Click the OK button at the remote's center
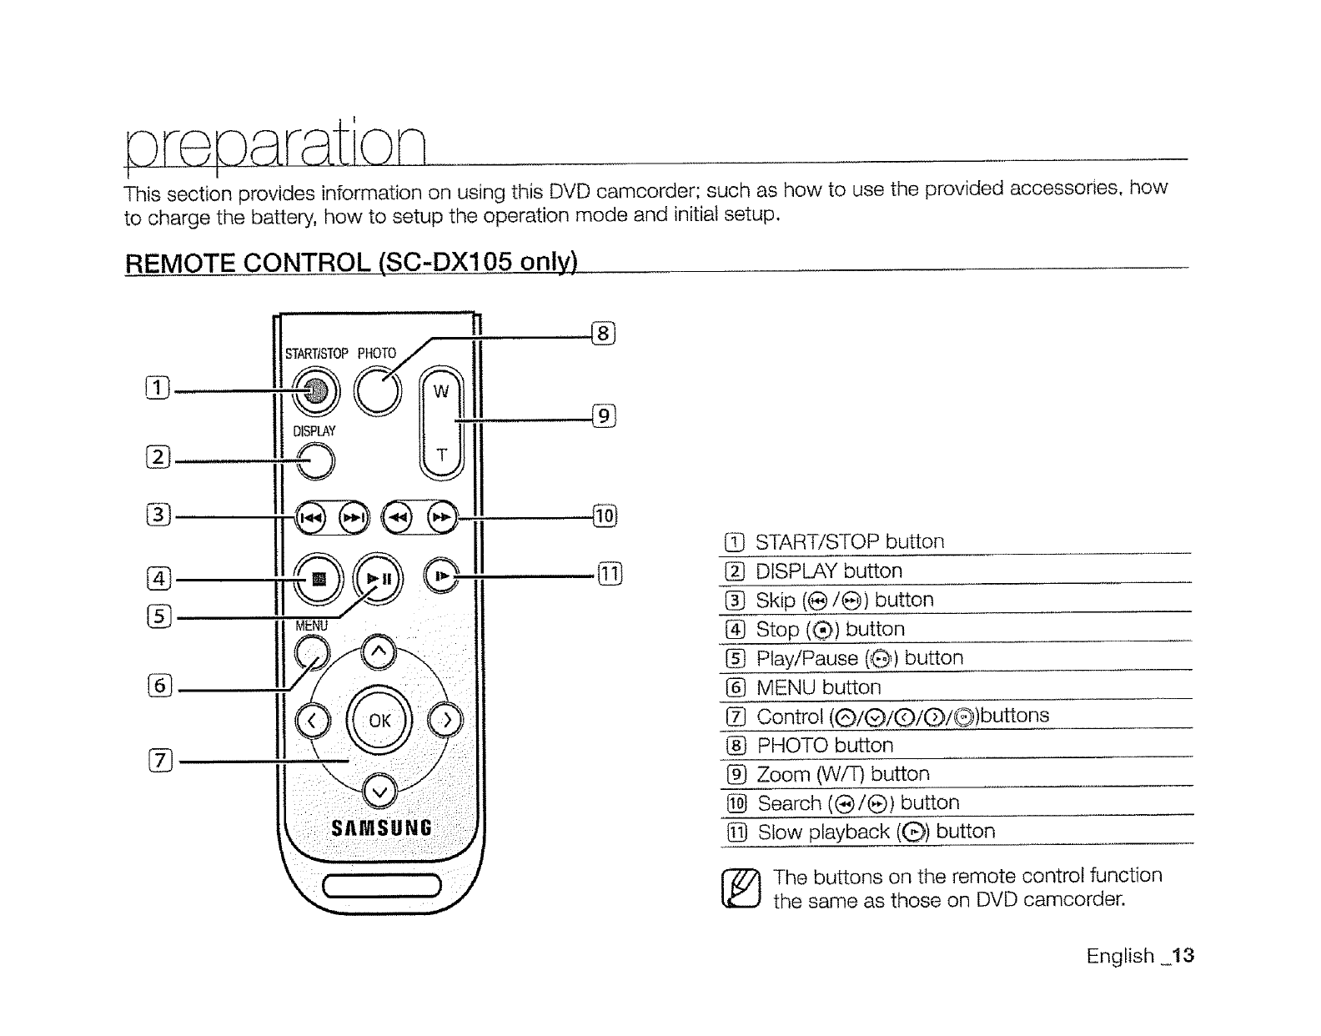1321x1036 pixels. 379,720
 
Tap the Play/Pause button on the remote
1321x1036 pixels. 378,577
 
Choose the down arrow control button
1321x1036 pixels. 379,791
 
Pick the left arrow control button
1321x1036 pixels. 312,721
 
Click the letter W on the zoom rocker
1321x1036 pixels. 441,391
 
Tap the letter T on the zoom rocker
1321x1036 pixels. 442,455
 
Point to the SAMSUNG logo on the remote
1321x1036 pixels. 381,828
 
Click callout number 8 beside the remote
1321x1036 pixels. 603,334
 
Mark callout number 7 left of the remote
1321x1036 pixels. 158,760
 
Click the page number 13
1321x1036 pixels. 1183,956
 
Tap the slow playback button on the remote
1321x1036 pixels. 442,576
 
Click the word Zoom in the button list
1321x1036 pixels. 782,774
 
